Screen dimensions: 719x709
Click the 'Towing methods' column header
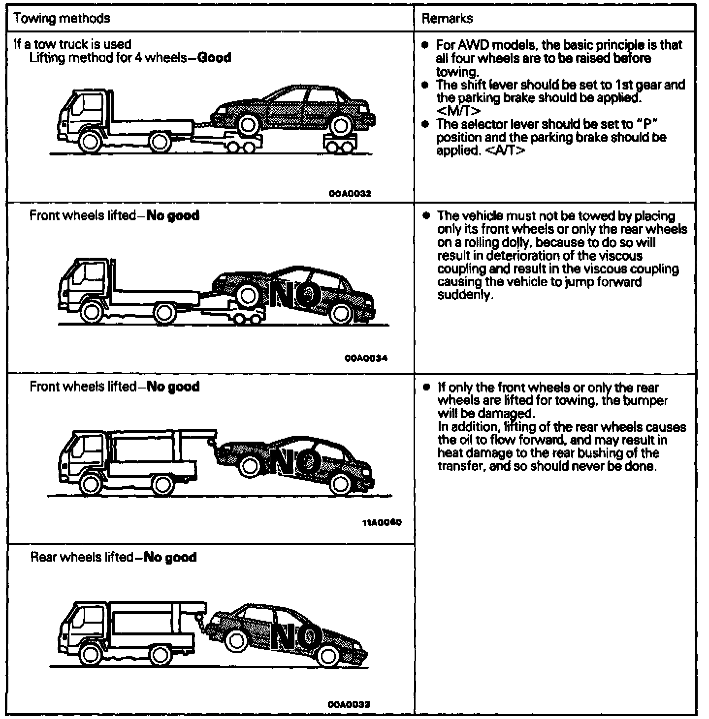62,19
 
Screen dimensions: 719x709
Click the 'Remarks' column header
447,19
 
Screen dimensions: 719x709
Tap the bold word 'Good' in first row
214,58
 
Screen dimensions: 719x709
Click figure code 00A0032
350,193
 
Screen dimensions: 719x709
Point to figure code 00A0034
366,358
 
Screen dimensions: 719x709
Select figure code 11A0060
382,523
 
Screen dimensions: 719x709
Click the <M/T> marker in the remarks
458,111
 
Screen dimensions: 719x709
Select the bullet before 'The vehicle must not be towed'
426,216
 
